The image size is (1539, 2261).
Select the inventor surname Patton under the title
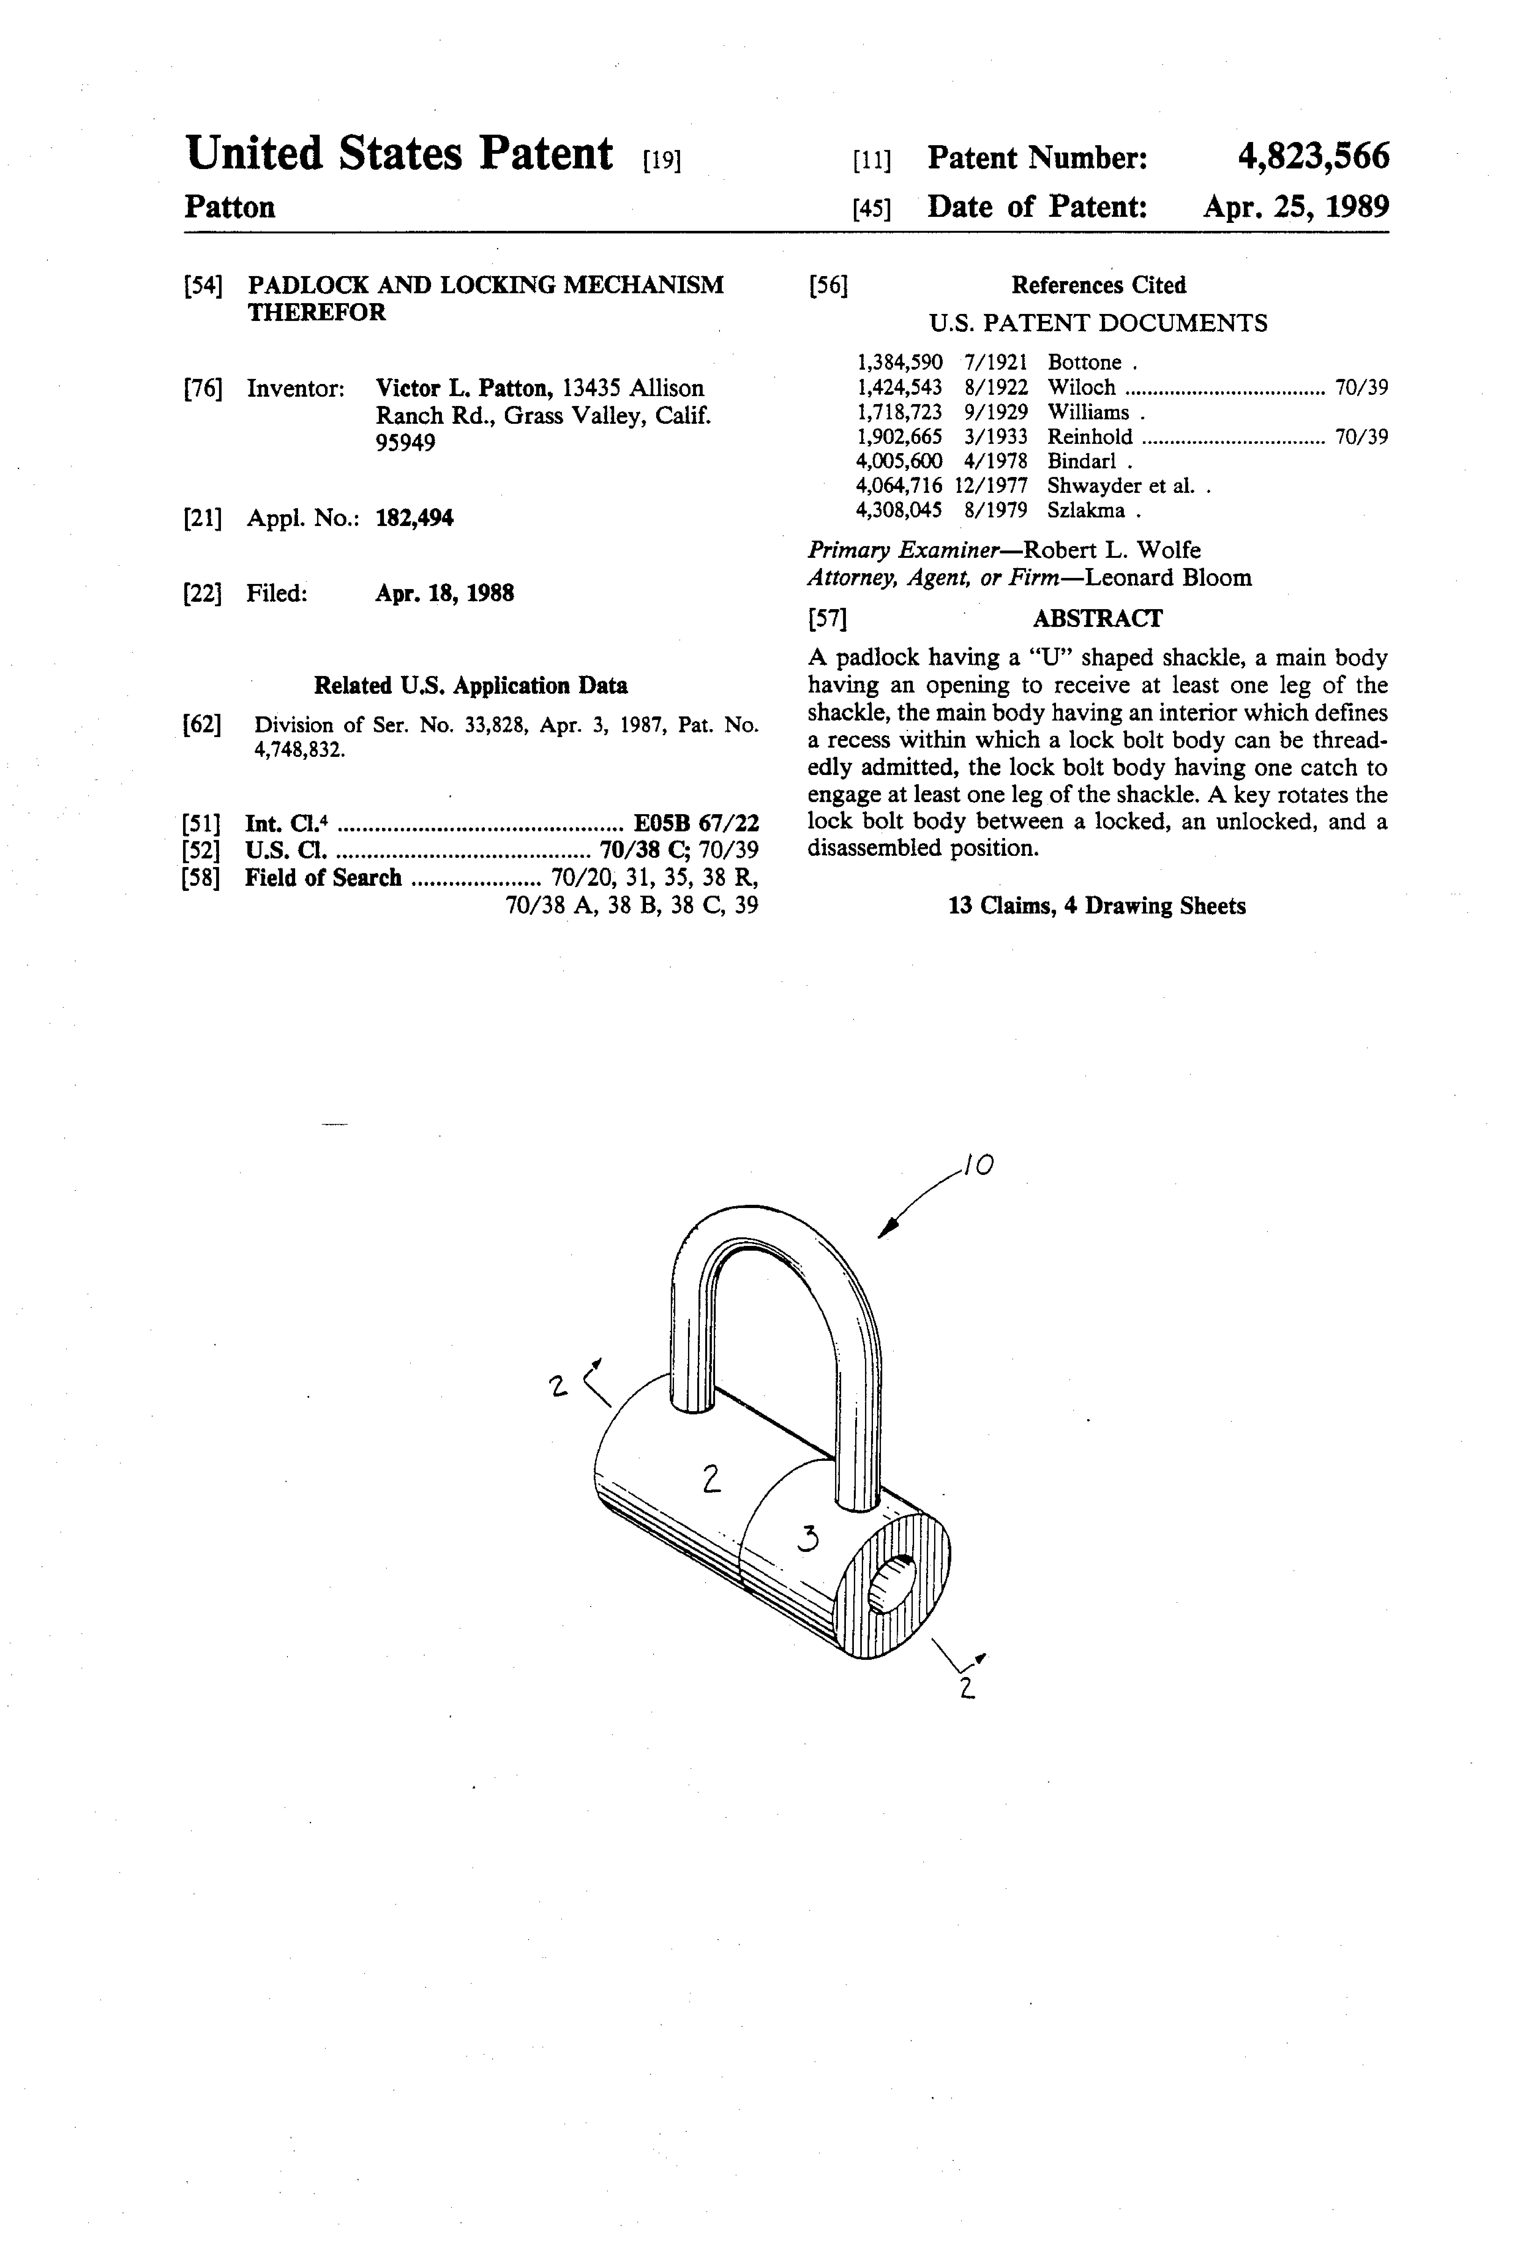point(230,207)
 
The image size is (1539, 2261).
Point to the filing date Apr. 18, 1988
point(444,594)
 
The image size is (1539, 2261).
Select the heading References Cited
point(1098,285)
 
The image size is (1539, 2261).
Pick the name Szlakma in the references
point(1086,511)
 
